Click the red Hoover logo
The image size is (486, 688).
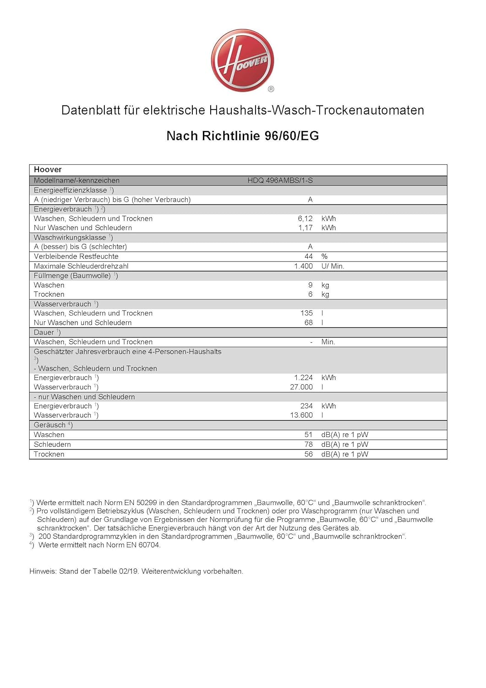click(242, 60)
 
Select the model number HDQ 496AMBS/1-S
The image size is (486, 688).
click(280, 180)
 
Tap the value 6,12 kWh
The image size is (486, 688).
click(305, 218)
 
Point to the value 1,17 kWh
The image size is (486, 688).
click(306, 227)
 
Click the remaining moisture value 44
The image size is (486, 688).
click(309, 256)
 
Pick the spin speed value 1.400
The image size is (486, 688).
click(303, 266)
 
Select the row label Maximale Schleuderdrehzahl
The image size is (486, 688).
click(81, 266)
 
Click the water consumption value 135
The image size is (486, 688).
click(306, 313)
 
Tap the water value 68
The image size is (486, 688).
click(309, 322)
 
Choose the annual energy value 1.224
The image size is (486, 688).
click(303, 377)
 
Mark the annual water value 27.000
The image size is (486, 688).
click(301, 387)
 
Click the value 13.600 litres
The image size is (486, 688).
click(301, 415)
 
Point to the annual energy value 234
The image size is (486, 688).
click(306, 406)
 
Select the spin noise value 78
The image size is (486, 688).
click(309, 444)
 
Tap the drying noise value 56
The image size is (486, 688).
click(309, 454)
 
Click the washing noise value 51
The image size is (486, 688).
click(309, 434)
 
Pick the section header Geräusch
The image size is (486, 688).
click(50, 425)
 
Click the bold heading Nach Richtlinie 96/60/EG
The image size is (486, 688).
click(242, 136)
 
